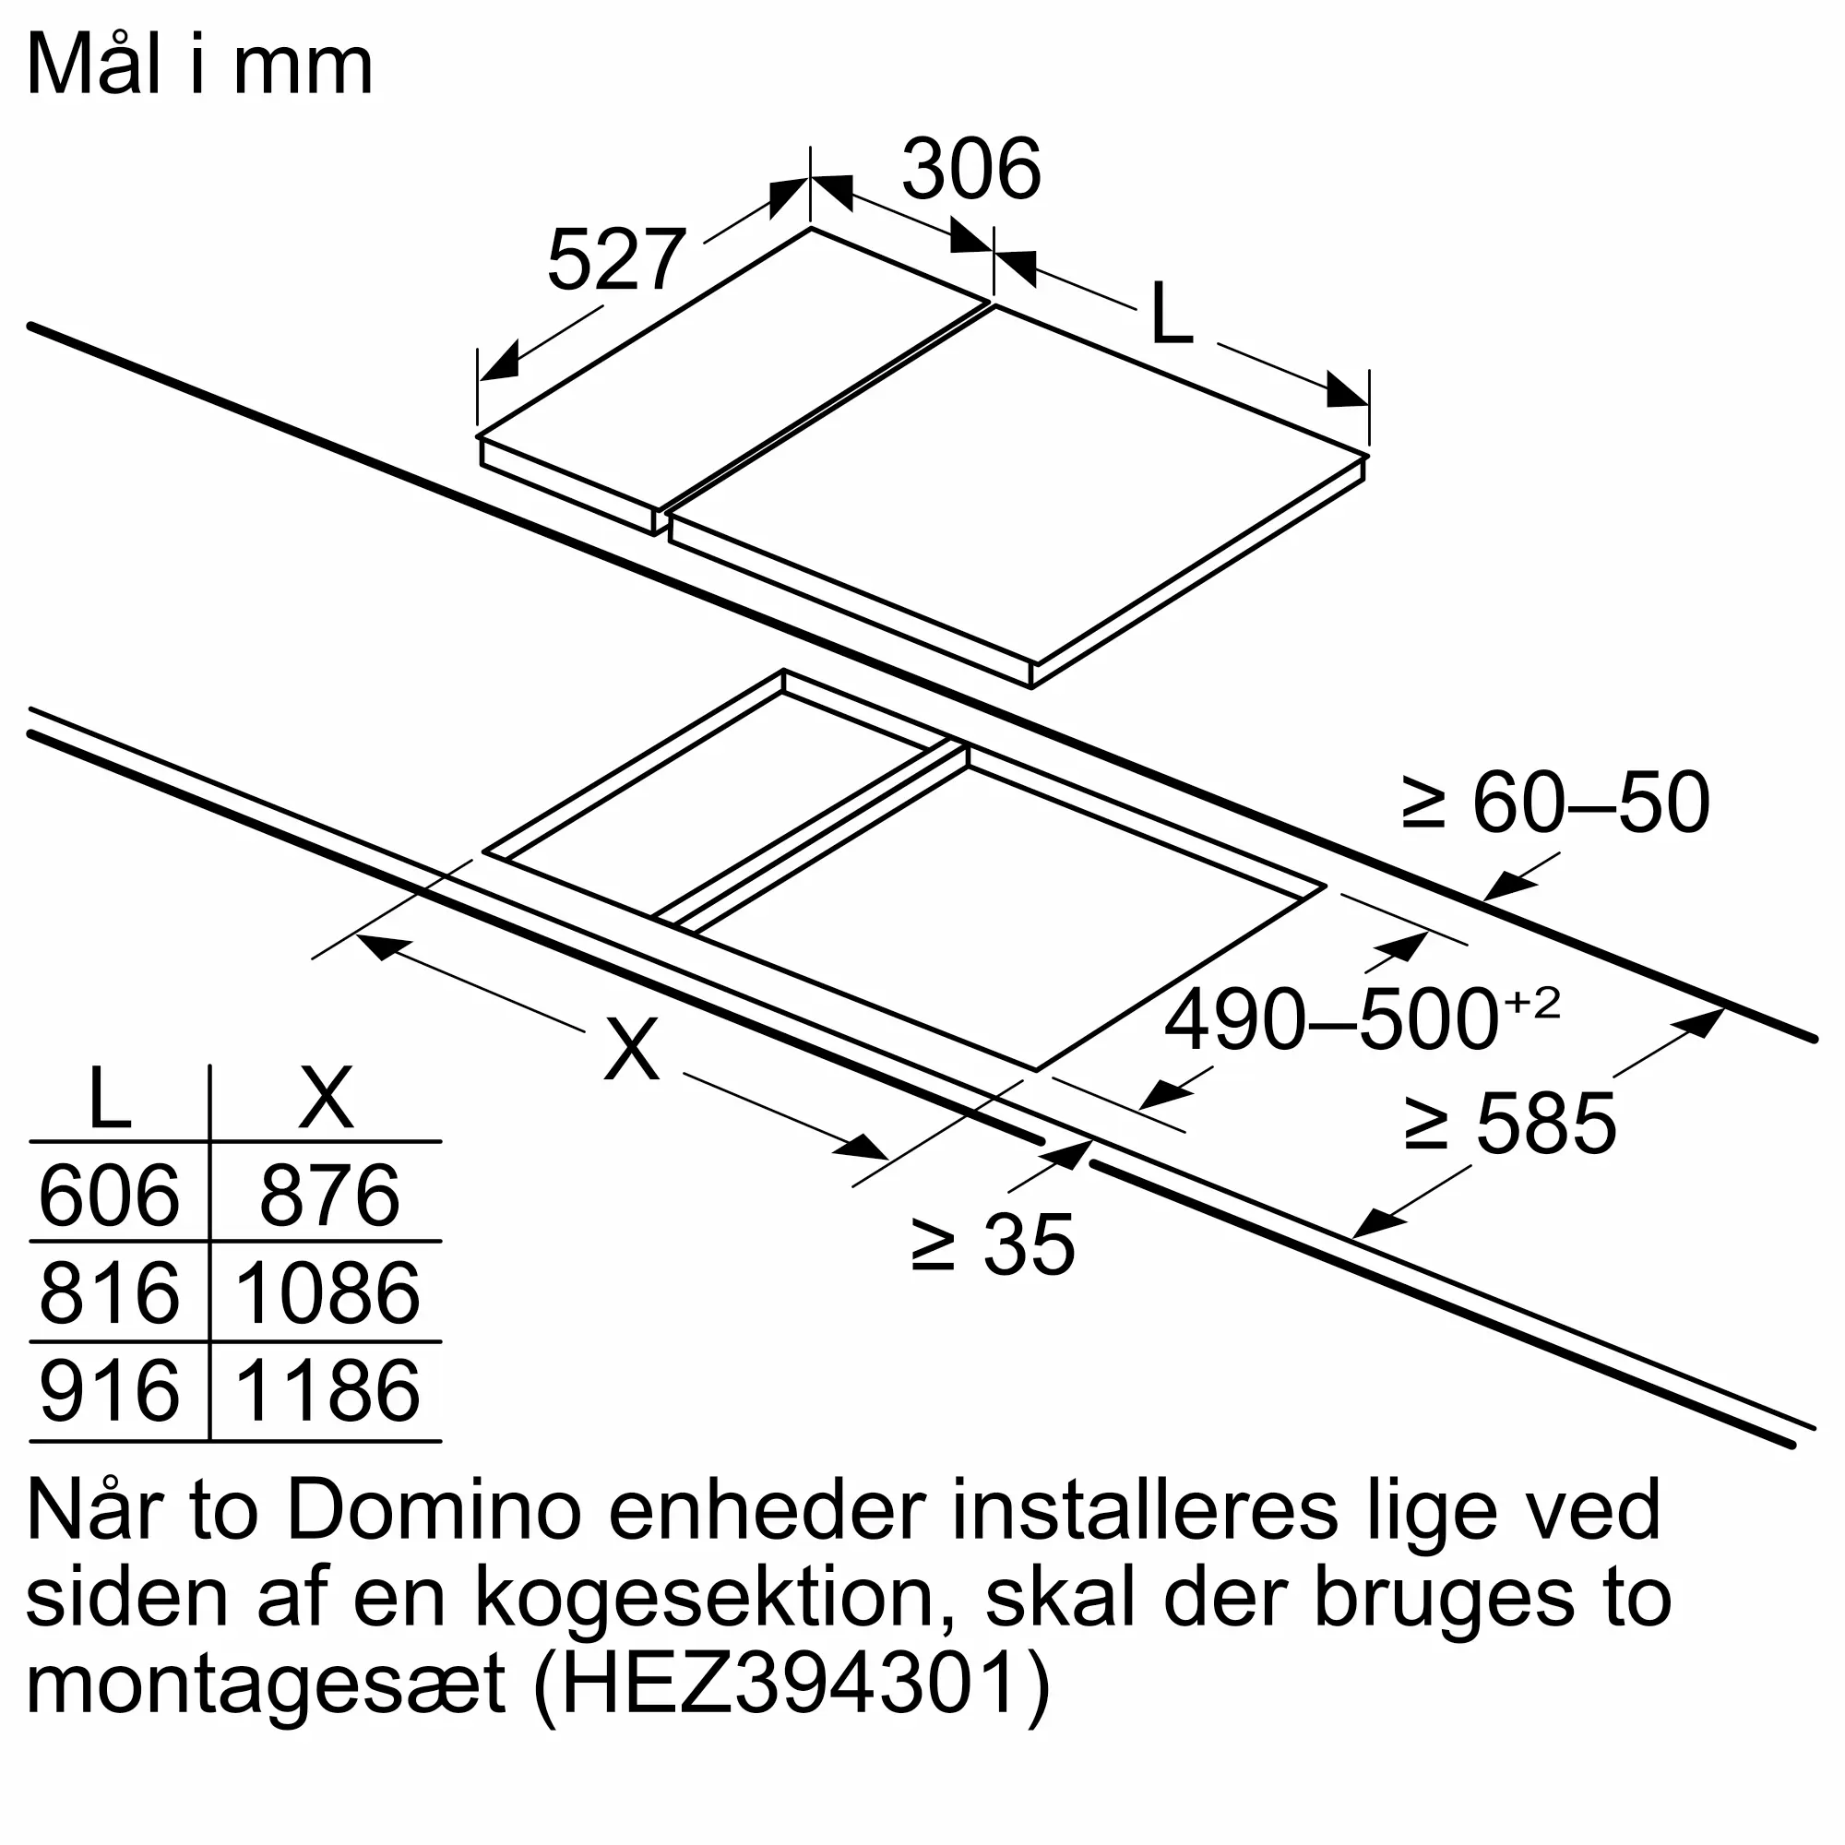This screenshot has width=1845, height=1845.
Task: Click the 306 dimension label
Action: tap(970, 170)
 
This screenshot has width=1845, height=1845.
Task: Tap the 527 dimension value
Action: tap(616, 260)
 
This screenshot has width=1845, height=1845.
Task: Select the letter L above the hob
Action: tap(1172, 315)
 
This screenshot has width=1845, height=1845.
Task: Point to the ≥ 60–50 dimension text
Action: tap(1554, 803)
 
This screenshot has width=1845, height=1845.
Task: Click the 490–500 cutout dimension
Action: tap(1361, 1020)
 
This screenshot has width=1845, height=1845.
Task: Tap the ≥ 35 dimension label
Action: tap(994, 1244)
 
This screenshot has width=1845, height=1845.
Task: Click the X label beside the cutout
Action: tap(631, 1048)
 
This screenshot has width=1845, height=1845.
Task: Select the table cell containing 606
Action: tap(109, 1195)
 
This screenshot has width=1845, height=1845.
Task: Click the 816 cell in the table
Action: tap(109, 1293)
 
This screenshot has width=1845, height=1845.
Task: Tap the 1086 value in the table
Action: tap(327, 1293)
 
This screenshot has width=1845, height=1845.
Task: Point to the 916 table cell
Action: tap(109, 1390)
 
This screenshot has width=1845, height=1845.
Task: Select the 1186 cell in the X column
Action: tap(327, 1390)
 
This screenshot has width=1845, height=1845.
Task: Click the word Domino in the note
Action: tap(434, 1510)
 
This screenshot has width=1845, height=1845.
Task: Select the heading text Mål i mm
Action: tap(199, 65)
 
